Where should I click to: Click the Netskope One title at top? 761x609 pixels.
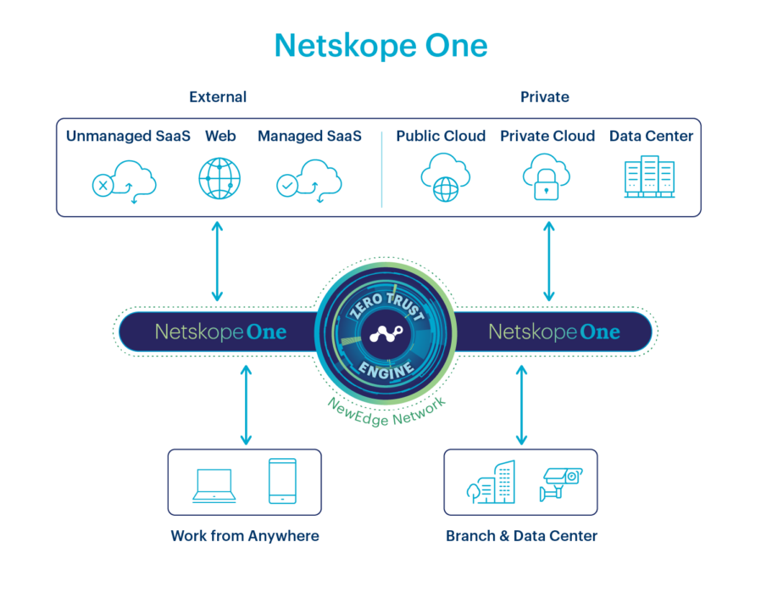[x=380, y=46]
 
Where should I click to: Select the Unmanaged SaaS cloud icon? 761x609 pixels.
[x=125, y=180]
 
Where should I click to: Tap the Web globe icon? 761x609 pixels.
[x=219, y=178]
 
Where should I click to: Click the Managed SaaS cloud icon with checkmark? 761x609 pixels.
[x=309, y=180]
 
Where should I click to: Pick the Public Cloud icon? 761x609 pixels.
[x=444, y=176]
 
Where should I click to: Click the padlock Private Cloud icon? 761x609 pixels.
[x=547, y=176]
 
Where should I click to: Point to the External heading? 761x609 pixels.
[x=218, y=97]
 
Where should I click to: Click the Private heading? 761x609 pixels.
[x=545, y=97]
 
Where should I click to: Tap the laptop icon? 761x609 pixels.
[x=214, y=484]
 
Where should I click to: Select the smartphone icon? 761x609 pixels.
[x=281, y=482]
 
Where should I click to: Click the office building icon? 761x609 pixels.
[x=492, y=483]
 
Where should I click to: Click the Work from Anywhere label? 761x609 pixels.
[x=245, y=536]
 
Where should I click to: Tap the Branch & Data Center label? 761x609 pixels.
[x=521, y=536]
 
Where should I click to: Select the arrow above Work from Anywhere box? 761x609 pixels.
[x=246, y=405]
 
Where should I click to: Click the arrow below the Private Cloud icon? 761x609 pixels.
[x=549, y=261]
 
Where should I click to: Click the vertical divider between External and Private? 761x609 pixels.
[x=381, y=168]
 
